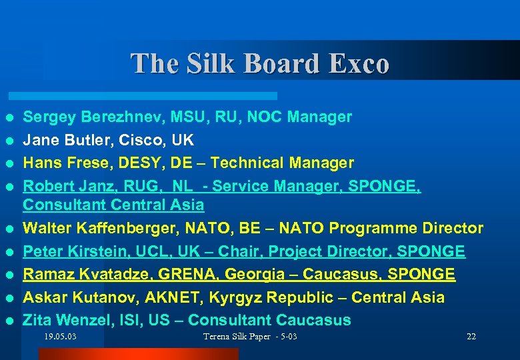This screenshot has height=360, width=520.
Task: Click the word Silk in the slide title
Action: [x=213, y=64]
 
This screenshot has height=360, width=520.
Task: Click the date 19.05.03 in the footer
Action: [x=60, y=337]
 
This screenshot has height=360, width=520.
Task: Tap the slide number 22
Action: [x=471, y=337]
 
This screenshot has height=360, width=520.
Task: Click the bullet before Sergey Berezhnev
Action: [x=9, y=118]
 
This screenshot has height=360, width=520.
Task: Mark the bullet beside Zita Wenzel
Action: [x=9, y=320]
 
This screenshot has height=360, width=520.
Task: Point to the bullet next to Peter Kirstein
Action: [x=9, y=252]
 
